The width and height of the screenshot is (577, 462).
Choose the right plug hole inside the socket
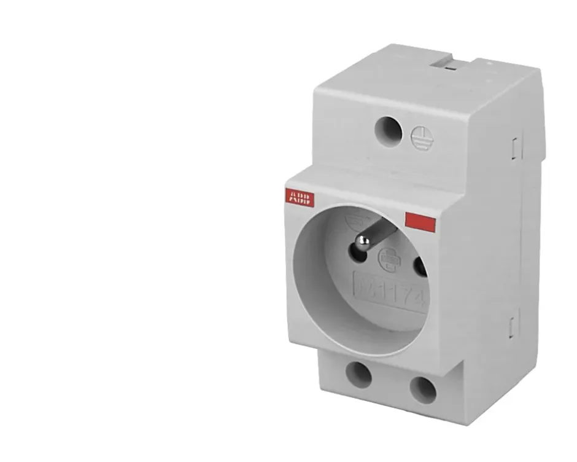pos(420,267)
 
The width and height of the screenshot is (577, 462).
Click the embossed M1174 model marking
pos(390,293)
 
